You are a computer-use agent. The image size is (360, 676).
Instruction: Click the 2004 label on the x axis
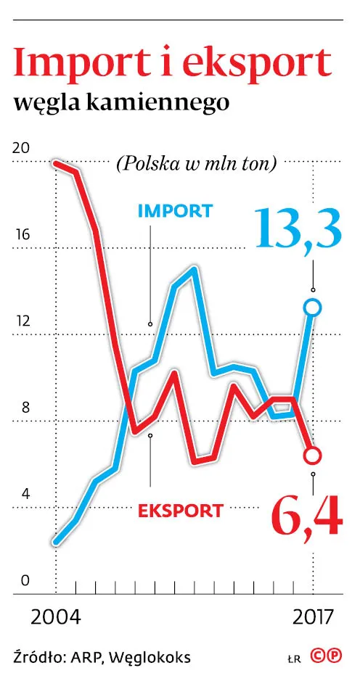(x=56, y=618)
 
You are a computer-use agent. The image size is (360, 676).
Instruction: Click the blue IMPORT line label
(x=175, y=211)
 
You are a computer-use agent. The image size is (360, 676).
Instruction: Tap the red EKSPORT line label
(x=180, y=510)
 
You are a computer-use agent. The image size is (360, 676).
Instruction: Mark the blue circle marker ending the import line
(x=313, y=308)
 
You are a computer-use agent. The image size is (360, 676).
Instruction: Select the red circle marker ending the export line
(x=313, y=456)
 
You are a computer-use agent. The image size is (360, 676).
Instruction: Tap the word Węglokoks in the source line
(x=152, y=657)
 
